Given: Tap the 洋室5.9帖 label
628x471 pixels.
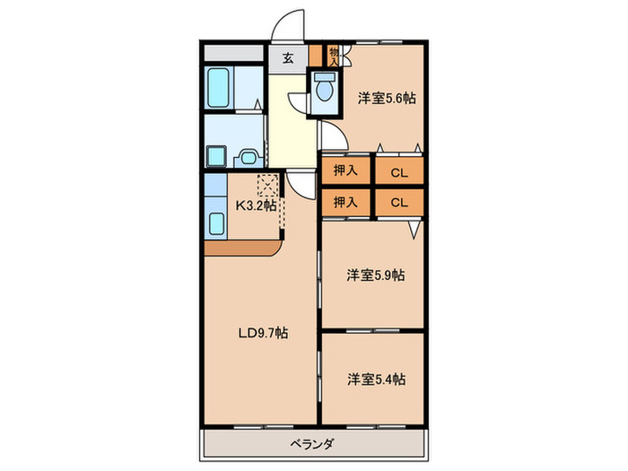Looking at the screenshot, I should [376, 275].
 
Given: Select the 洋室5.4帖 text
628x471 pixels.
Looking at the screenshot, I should [376, 379].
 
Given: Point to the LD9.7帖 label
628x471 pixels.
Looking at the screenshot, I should [262, 333].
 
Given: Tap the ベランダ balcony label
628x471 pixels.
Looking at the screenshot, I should [312, 444].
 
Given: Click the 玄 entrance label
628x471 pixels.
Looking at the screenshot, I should [288, 59].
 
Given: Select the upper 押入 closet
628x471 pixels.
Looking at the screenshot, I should [345, 170].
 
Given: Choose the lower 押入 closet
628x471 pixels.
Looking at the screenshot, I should [345, 202].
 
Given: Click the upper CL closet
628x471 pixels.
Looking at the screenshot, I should [399, 170].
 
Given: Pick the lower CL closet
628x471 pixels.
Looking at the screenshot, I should [399, 202].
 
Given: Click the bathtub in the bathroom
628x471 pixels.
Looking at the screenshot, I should [220, 87].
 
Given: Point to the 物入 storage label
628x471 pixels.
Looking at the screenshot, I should [334, 56].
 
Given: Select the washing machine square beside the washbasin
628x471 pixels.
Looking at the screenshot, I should [217, 156].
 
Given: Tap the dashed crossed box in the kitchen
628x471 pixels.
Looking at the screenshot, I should [267, 186].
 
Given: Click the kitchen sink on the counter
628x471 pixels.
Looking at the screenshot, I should [216, 223].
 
